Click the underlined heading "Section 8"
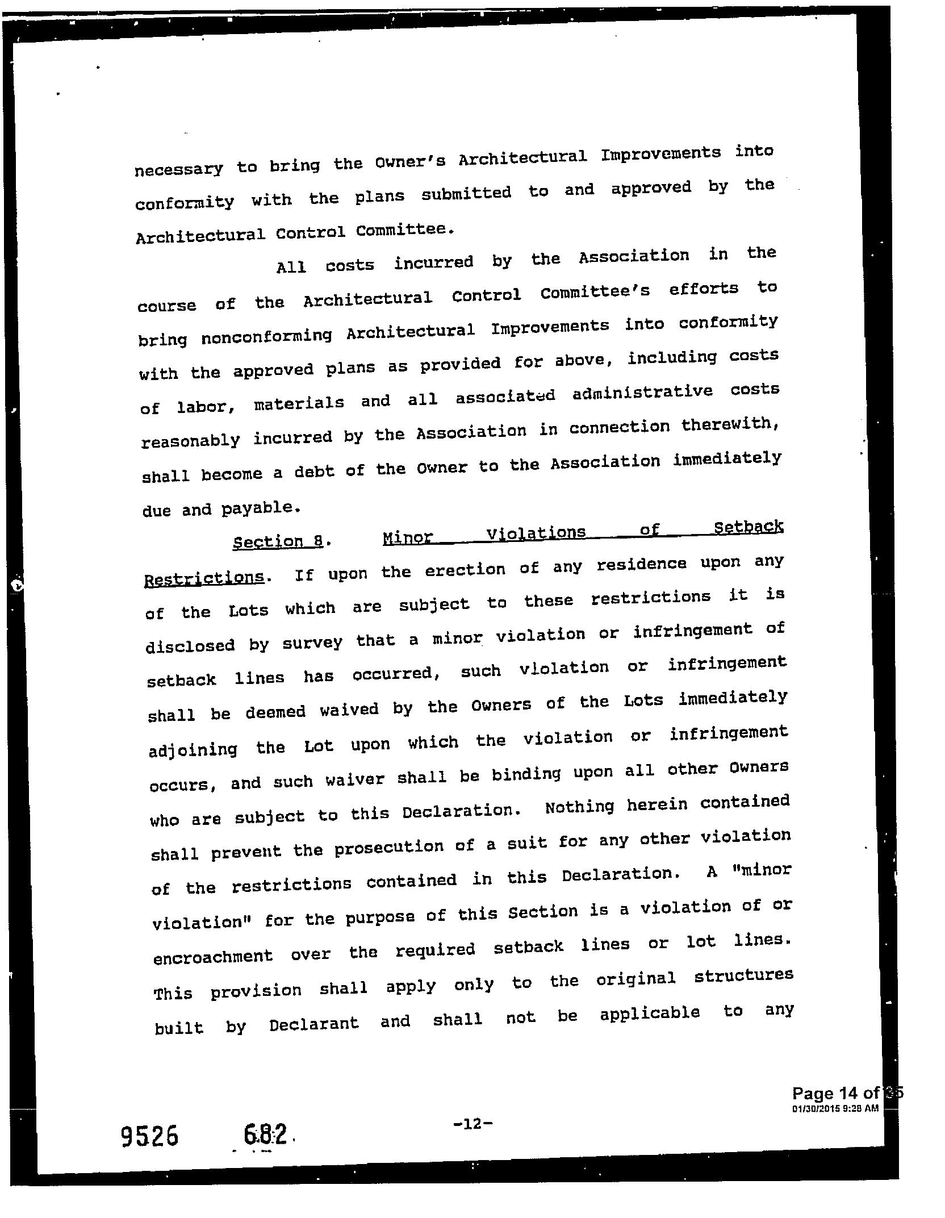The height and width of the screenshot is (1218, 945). click(x=278, y=540)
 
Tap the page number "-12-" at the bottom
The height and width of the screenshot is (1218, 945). click(x=472, y=1123)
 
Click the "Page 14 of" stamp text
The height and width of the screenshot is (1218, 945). click(x=835, y=1093)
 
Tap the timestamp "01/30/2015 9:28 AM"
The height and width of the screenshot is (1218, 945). click(x=835, y=1108)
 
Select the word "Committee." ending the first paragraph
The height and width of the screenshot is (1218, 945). click(x=405, y=230)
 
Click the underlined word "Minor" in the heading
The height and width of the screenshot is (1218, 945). click(x=407, y=537)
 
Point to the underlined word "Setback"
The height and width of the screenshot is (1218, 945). click(x=749, y=527)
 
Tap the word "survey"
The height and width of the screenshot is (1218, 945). click(x=312, y=643)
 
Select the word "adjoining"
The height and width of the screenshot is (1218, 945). click(x=193, y=749)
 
